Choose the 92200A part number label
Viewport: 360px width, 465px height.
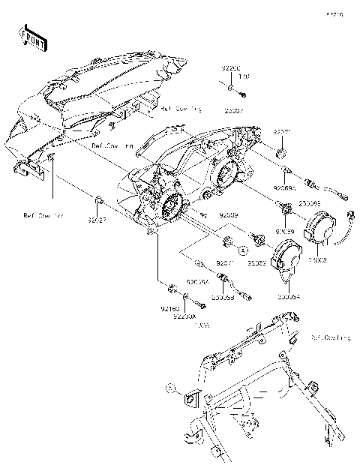pyautogui.click(x=184, y=316)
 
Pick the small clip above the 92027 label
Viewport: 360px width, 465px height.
pyautogui.click(x=97, y=201)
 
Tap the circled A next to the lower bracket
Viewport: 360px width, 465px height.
pyautogui.click(x=170, y=389)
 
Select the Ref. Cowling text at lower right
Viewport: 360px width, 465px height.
pyautogui.click(x=329, y=338)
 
